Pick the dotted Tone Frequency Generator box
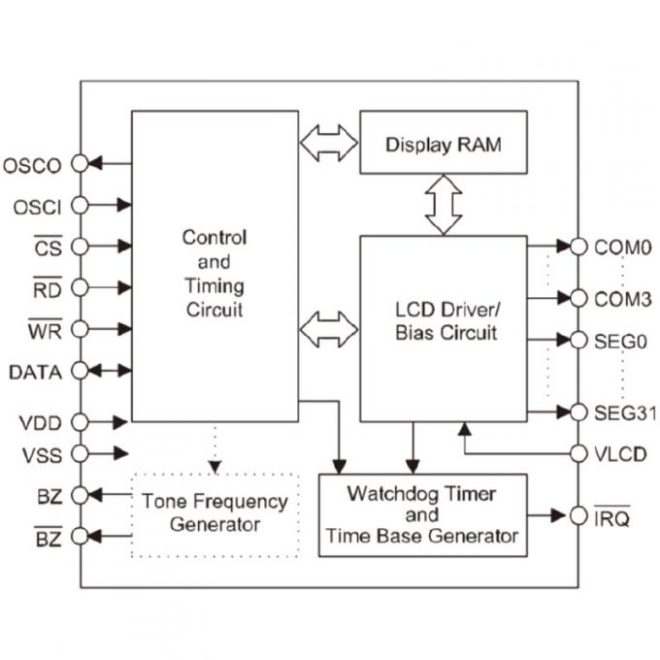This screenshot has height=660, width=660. (214, 513)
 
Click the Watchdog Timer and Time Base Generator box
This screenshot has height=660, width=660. (422, 514)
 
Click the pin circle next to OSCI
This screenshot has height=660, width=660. (81, 206)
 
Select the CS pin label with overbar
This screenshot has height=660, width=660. (48, 247)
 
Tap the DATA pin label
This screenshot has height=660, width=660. (35, 372)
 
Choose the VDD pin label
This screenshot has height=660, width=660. (40, 422)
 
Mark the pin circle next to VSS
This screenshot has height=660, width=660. (81, 453)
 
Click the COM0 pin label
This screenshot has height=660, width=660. (622, 247)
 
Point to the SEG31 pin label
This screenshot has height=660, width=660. (624, 413)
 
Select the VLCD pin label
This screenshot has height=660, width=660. (621, 453)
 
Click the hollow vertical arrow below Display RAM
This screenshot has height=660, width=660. (444, 204)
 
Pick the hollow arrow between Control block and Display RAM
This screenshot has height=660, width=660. (329, 143)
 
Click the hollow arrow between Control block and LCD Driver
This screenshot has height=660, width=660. (329, 329)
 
